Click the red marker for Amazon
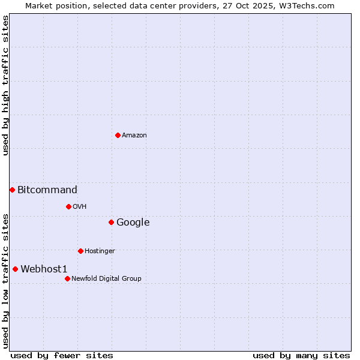tap(118, 135)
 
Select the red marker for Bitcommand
tap(12, 190)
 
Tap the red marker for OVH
tap(68, 206)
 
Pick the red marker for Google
tap(111, 222)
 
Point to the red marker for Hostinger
tap(80, 251)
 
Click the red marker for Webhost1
tap(15, 269)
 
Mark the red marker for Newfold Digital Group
tap(67, 278)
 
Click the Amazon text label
tap(134, 136)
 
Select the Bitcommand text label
tap(47, 190)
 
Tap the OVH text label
tap(79, 207)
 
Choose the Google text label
tap(133, 223)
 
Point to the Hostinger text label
tap(100, 251)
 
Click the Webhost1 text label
tap(44, 269)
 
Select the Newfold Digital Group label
tap(106, 279)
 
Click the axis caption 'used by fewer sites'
tap(62, 355)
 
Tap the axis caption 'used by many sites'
tap(301, 355)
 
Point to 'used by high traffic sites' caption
tap(5, 85)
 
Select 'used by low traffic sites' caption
tap(5, 281)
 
